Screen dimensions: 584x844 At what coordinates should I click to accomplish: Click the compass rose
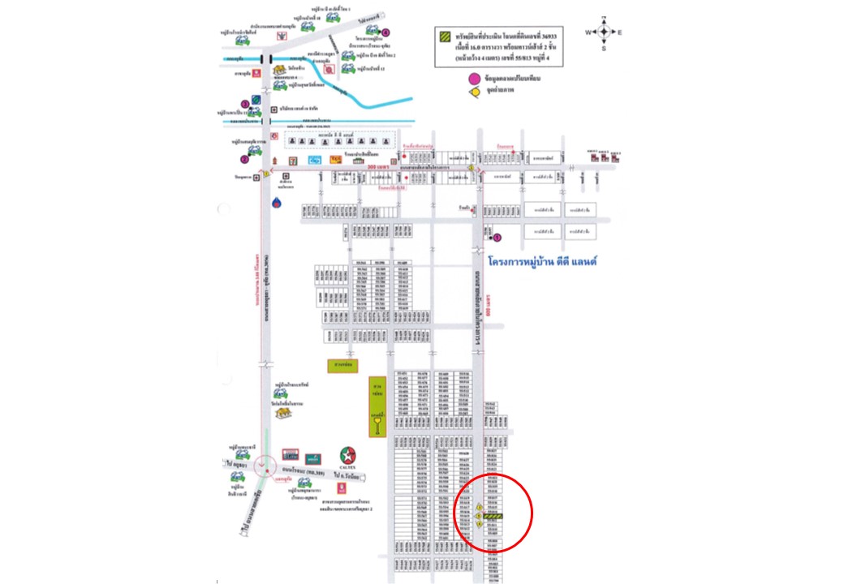click(604, 32)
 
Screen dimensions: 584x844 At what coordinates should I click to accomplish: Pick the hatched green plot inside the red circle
click(494, 515)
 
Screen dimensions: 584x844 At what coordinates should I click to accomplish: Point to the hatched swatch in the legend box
click(445, 36)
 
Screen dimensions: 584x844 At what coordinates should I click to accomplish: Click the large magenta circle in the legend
click(474, 79)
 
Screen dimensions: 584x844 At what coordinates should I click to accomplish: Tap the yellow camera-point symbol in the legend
click(474, 91)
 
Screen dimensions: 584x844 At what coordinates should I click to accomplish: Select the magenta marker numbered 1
click(498, 238)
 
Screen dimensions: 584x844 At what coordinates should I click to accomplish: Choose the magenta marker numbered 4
click(386, 32)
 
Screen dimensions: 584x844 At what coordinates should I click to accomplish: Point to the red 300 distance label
click(374, 167)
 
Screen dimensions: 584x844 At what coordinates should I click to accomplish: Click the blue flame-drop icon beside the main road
click(278, 200)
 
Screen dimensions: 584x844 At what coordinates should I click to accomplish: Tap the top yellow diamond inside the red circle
click(479, 507)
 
